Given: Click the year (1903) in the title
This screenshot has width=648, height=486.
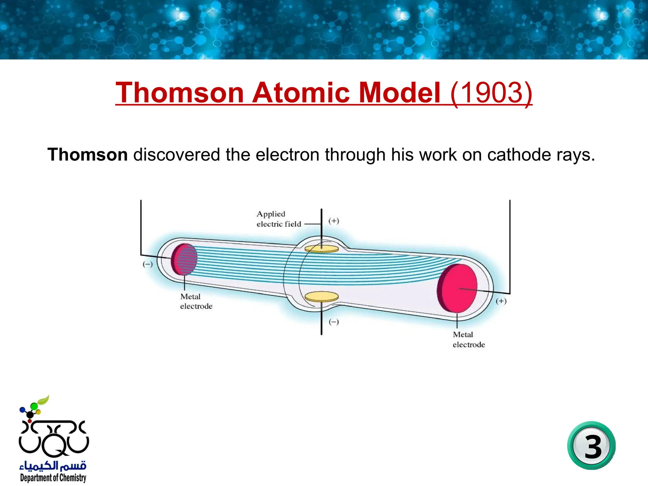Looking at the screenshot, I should (x=491, y=93).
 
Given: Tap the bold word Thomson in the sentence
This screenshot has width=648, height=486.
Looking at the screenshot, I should (x=88, y=155).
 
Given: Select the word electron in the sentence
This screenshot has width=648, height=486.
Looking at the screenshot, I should (x=287, y=155).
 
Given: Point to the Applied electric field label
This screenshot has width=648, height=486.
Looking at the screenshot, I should (x=278, y=219).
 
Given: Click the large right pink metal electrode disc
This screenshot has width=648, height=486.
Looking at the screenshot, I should (x=458, y=288).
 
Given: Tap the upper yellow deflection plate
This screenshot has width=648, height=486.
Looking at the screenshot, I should (x=321, y=249).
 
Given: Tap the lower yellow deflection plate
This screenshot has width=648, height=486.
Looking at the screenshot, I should (x=321, y=297).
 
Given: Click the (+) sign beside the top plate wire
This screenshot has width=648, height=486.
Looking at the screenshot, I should (x=333, y=221).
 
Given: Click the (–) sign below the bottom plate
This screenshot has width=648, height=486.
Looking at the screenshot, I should (x=333, y=322).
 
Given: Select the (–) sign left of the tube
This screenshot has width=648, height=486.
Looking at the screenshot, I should (x=147, y=264).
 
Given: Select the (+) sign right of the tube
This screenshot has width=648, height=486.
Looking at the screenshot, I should (x=501, y=301).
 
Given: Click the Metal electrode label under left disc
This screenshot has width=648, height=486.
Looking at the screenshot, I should (x=196, y=301).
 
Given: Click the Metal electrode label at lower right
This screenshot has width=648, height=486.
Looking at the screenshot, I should (x=468, y=340).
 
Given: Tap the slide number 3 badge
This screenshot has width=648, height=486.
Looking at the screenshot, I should (x=591, y=446).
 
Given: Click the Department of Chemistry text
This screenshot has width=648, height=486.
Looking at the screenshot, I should (x=53, y=477).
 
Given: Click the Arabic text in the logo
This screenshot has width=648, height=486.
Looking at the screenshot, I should (x=53, y=465).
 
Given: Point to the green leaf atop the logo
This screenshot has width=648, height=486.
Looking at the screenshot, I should (x=43, y=400).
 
